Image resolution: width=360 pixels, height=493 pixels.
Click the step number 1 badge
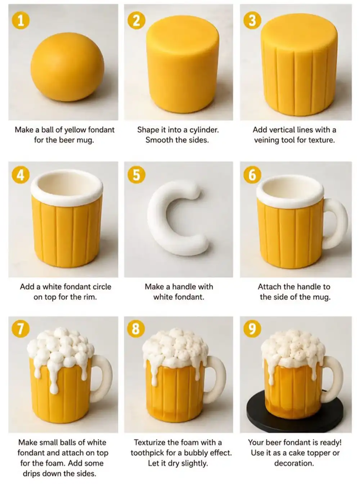pyautogui.click(x=21, y=21)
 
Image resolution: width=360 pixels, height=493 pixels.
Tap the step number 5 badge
pyautogui.click(x=136, y=175)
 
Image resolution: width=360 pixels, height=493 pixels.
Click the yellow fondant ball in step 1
pyautogui.click(x=67, y=67)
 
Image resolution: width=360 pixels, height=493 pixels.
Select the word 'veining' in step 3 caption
pyautogui.click(x=267, y=140)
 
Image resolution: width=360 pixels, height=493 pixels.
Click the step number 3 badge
pyautogui.click(x=252, y=21)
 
